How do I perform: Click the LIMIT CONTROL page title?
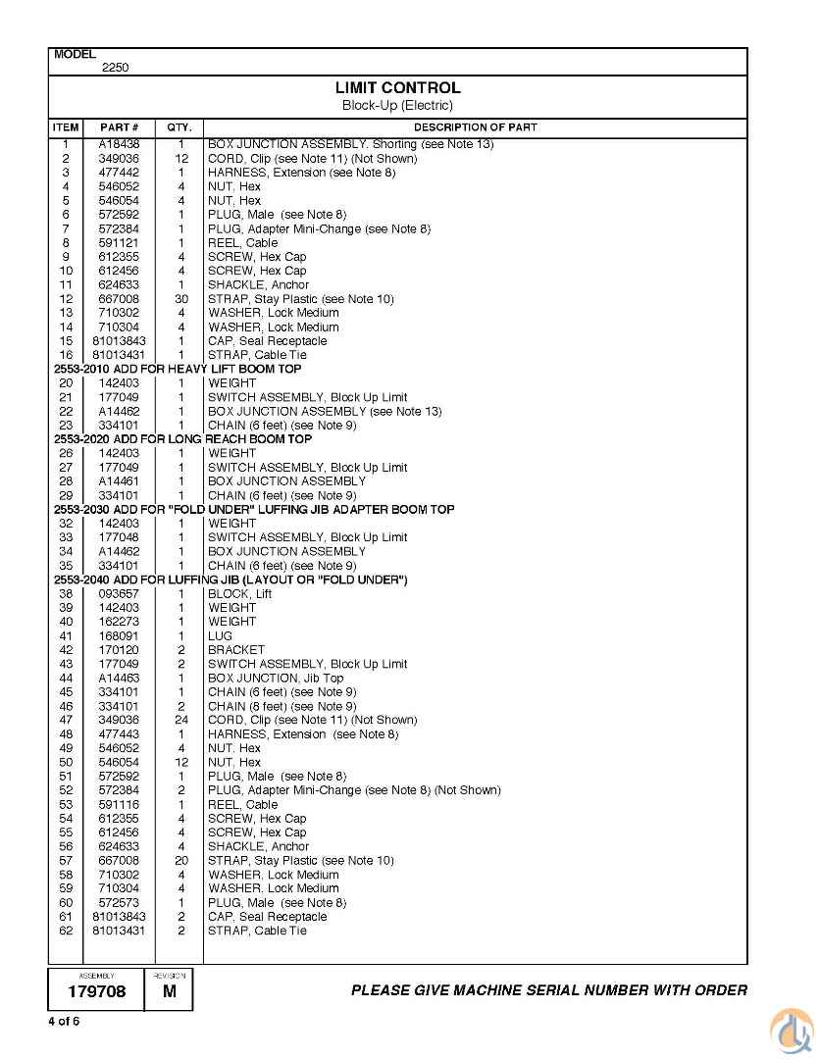tap(397, 88)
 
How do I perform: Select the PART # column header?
tap(120, 127)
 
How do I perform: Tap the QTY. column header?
tap(179, 127)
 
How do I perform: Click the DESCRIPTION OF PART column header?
tap(475, 127)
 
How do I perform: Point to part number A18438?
tap(119, 144)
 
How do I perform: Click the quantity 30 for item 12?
tap(181, 299)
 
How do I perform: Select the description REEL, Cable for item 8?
tap(242, 243)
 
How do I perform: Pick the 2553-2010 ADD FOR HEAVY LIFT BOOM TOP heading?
tap(178, 369)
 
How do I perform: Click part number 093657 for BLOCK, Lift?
tap(119, 594)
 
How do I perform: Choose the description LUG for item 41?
tap(220, 636)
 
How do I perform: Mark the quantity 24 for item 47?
tap(181, 721)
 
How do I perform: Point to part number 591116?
tap(119, 805)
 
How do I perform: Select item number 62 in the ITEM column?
tap(66, 932)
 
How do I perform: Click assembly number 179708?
tap(96, 992)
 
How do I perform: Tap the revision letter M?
tap(169, 992)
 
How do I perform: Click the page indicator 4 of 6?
tap(64, 1022)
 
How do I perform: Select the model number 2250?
tap(115, 69)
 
